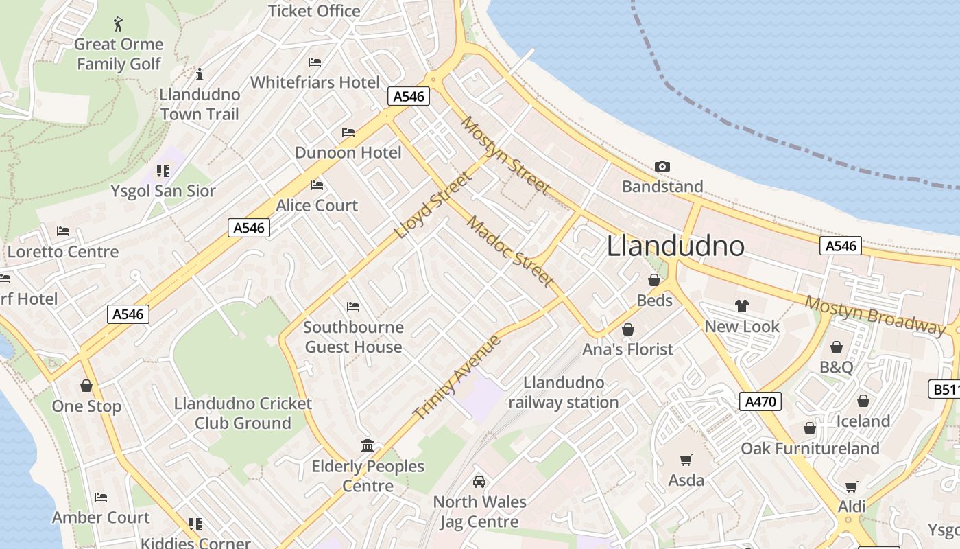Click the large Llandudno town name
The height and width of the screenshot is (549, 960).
(x=675, y=246)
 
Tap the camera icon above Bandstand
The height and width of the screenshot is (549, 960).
(x=662, y=166)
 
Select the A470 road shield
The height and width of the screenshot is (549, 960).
(x=760, y=401)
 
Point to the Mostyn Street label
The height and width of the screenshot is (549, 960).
(x=505, y=155)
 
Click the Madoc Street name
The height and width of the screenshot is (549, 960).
(x=510, y=251)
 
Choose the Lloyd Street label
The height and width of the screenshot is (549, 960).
(x=433, y=205)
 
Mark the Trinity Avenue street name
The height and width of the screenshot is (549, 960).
(x=457, y=377)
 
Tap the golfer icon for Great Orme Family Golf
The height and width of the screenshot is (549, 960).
(x=119, y=25)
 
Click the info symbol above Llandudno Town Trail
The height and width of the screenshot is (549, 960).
(x=200, y=74)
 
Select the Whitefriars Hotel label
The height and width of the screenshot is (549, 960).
(x=315, y=82)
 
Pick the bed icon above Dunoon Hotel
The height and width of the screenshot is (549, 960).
(x=348, y=132)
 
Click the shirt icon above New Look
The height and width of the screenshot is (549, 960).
(x=741, y=306)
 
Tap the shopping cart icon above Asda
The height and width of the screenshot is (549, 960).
(x=686, y=460)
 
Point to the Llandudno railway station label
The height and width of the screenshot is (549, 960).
(x=564, y=393)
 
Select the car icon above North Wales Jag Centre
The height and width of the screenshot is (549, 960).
(x=479, y=482)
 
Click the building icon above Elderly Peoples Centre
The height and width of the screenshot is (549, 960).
(x=368, y=446)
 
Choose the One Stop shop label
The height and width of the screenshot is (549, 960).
(x=86, y=406)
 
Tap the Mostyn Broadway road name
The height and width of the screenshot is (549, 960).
(x=874, y=315)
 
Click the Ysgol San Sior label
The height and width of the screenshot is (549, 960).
(x=163, y=191)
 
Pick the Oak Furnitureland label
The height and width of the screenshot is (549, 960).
(x=810, y=449)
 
